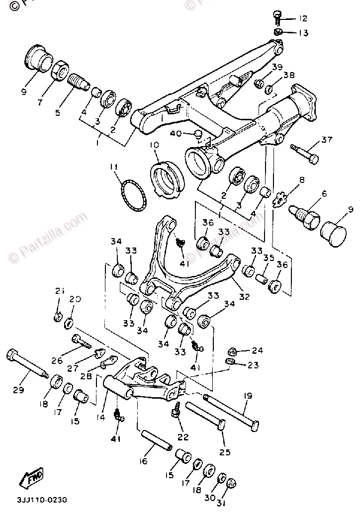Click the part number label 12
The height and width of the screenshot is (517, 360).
[x=303, y=18]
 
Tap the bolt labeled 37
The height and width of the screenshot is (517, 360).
[x=303, y=153]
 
